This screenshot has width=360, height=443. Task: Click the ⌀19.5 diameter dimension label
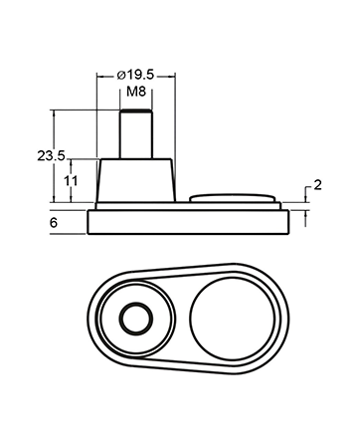136,76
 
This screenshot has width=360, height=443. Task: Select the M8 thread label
136,92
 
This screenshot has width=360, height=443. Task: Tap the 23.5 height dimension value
51,155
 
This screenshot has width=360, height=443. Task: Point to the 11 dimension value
71,181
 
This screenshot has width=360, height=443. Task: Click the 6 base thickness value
54,222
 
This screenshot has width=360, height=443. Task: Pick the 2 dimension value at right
317,185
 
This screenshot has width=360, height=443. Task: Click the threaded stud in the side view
136,133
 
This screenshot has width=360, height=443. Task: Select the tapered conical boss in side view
135,180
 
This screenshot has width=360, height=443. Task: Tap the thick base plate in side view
188,222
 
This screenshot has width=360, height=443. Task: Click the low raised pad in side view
233,198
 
